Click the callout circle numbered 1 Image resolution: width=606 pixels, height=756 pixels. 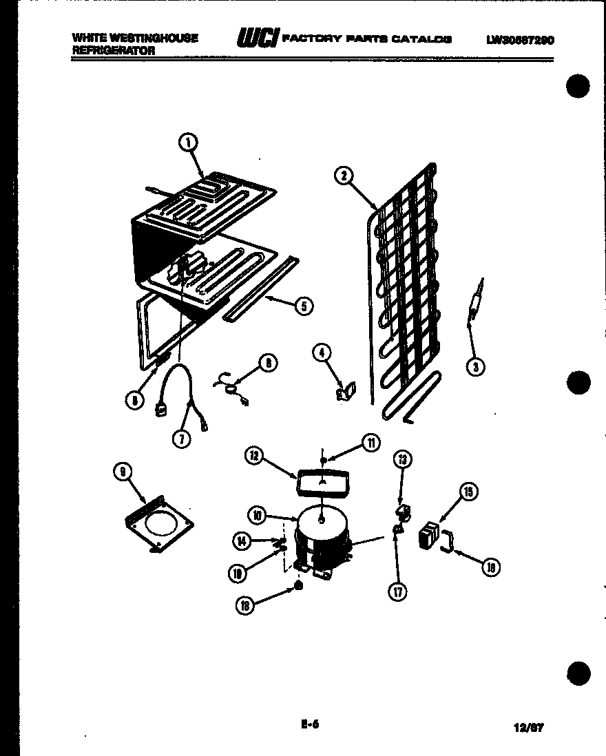(187, 143)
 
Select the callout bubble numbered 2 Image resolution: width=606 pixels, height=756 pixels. (342, 175)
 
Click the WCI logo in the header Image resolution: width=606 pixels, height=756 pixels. (256, 39)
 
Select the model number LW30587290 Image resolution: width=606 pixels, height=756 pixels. (520, 39)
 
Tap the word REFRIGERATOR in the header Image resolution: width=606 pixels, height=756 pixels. (114, 50)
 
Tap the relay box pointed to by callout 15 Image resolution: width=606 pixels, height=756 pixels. (430, 535)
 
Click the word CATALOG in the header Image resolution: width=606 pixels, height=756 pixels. (422, 39)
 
